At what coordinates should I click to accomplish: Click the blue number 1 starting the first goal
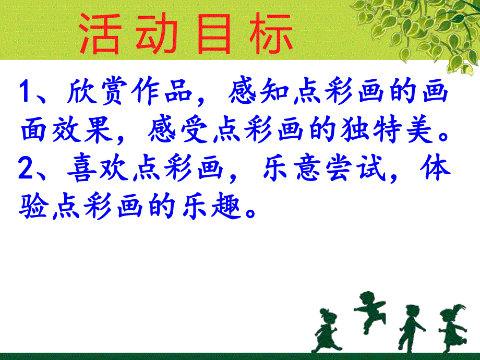point(26,94)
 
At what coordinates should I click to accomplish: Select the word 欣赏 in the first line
point(99,94)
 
